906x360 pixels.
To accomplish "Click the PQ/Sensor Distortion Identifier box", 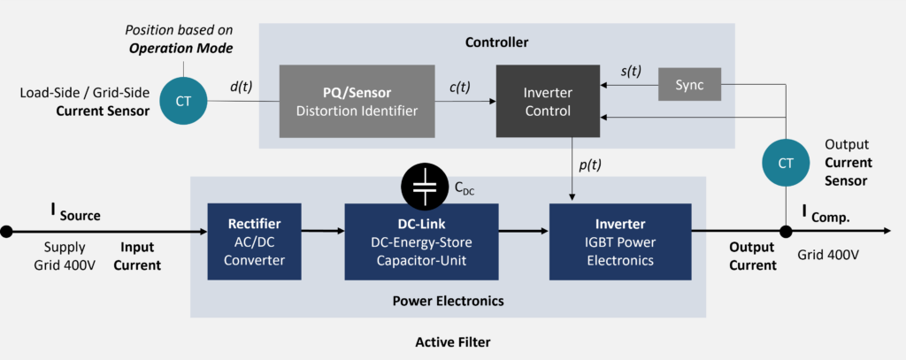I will click(357, 101).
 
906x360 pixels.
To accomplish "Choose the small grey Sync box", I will click(689, 85).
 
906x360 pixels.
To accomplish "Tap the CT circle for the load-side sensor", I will click(183, 101).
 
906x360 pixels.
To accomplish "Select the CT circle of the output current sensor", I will click(785, 163).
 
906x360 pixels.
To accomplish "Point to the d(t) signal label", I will click(242, 87).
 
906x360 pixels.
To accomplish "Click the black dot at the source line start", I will click(7, 231).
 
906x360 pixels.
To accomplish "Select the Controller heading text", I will click(495, 41).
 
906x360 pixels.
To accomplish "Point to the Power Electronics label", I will click(448, 301).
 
